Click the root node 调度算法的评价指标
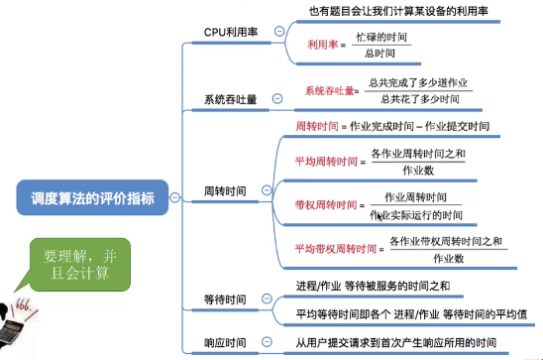(86, 196)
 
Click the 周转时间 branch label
(224, 189)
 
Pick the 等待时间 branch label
(224, 298)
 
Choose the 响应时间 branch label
(224, 342)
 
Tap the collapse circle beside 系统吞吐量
(277, 100)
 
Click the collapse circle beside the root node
(173, 197)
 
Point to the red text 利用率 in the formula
(321, 45)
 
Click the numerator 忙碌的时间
(382, 37)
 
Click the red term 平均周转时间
(326, 162)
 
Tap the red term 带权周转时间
(326, 205)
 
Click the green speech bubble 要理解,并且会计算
(78, 261)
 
